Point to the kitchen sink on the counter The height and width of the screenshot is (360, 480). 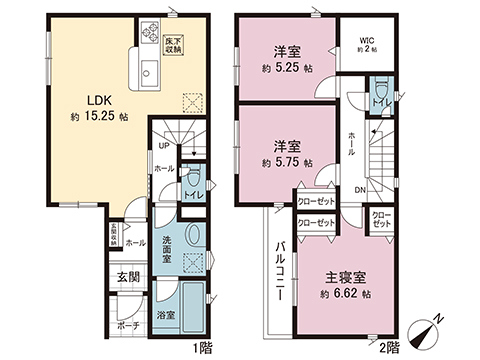tap(149, 72)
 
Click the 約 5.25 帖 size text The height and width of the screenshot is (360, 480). tap(287, 68)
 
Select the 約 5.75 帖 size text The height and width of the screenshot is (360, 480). tap(287, 161)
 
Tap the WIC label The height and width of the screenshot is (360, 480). tap(367, 41)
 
